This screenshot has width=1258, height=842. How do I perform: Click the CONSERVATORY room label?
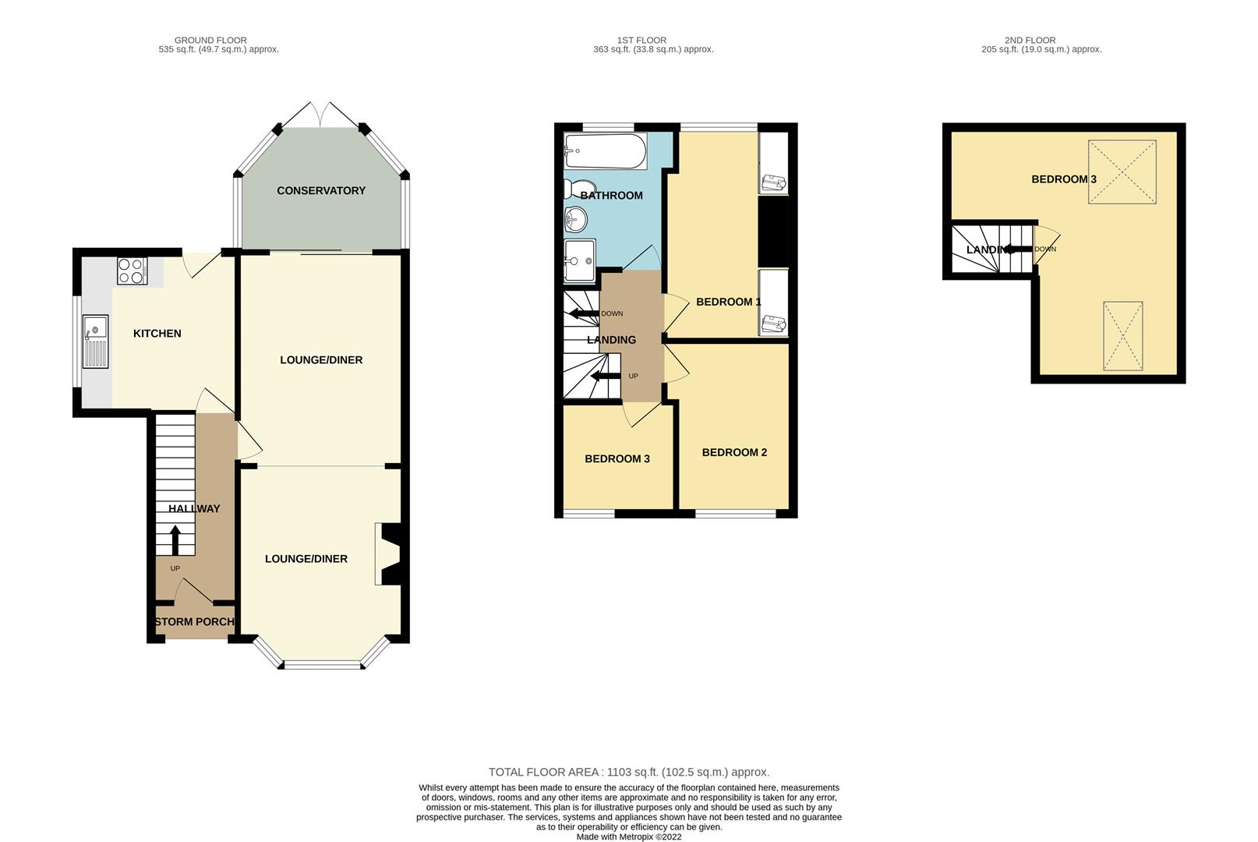(320, 191)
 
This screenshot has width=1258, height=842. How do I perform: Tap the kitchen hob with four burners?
(132, 271)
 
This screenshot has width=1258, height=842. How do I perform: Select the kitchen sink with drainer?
(95, 341)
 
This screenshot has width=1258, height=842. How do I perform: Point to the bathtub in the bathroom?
(606, 150)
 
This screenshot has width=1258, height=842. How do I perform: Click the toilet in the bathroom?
(579, 189)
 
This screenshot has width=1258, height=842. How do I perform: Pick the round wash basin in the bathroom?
(576, 219)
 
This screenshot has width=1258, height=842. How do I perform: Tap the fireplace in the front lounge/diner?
(388, 554)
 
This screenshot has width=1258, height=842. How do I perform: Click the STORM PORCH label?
(194, 622)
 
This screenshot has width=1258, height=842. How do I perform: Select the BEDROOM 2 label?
(734, 453)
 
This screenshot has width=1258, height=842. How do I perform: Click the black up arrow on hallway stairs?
(175, 540)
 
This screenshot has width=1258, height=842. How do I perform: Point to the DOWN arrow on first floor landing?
(584, 313)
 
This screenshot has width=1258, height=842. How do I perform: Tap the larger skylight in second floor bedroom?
(1122, 172)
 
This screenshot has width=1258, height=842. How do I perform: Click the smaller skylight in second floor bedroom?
(1122, 336)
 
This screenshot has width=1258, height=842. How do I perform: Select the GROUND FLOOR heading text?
(210, 41)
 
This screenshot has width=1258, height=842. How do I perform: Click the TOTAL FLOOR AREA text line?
(629, 773)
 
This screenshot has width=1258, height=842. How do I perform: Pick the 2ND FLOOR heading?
(1030, 41)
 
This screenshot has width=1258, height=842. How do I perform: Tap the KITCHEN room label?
(157, 334)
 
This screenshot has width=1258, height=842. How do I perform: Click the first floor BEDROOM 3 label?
(617, 459)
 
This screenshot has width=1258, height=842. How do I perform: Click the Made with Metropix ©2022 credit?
(629, 837)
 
